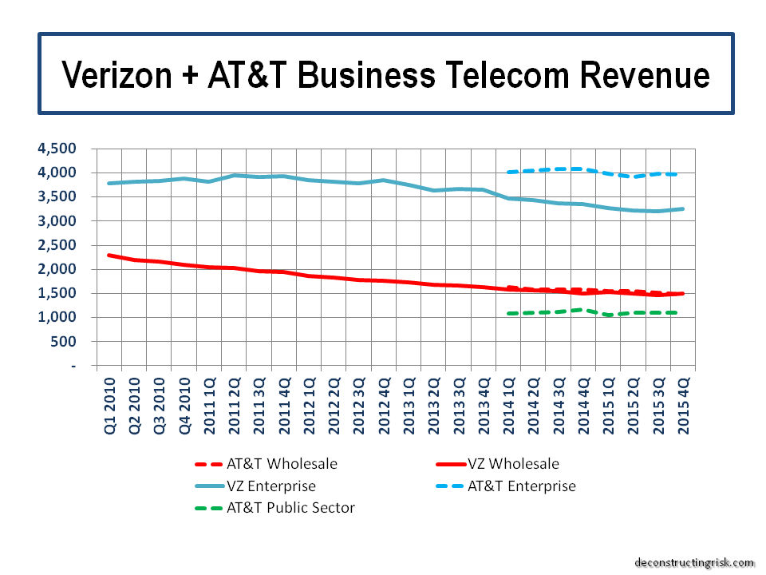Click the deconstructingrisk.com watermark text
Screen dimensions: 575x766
[694, 562]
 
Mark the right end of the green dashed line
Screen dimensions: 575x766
[677, 312]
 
